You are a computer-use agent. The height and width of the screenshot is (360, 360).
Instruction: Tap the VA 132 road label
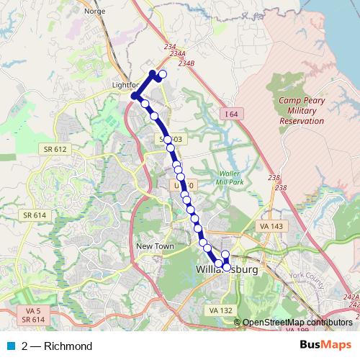[220, 310]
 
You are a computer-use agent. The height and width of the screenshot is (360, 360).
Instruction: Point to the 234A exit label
[178, 54]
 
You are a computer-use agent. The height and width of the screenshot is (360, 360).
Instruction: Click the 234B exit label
[186, 63]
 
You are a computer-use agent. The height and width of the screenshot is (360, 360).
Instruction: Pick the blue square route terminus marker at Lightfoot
[134, 95]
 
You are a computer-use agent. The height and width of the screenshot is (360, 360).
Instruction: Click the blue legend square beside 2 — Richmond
[9, 346]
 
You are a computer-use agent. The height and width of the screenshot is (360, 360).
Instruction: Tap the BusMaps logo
[325, 346]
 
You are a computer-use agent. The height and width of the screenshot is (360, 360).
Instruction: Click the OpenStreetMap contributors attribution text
[297, 322]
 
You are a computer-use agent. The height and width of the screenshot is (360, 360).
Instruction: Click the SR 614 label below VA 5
[33, 319]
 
